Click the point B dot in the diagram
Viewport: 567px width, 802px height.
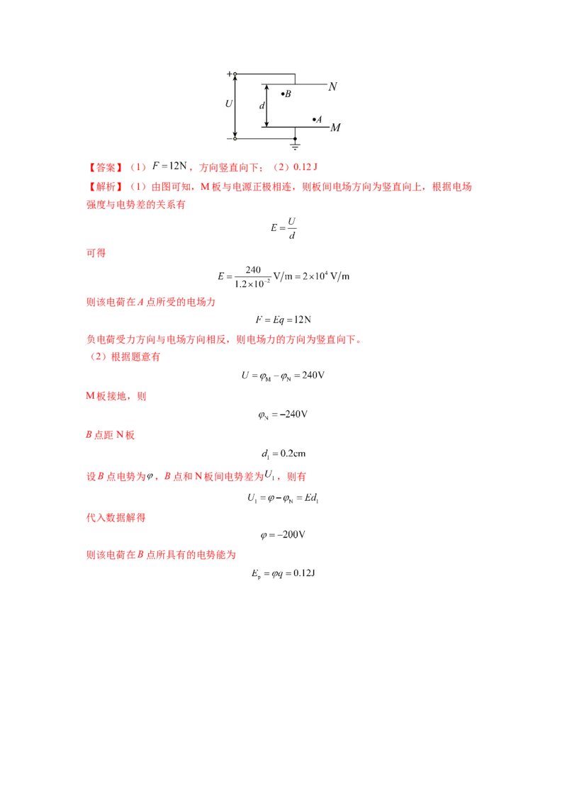coord(283,94)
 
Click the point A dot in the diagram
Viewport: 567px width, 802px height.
coord(314,119)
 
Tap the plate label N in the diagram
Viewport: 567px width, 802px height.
coord(332,86)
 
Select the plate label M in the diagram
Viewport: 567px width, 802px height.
coord(335,128)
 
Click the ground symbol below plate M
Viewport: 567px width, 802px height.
coord(296,146)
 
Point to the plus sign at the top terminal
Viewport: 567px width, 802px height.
coord(229,74)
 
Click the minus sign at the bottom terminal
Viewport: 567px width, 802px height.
coord(229,139)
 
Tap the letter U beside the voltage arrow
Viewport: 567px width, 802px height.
coord(229,104)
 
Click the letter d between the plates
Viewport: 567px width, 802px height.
coord(262,106)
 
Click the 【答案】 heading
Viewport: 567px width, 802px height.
coord(105,167)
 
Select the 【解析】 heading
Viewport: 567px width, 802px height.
coord(105,187)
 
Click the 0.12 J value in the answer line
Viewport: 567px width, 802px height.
coord(305,166)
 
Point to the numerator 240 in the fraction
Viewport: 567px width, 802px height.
coord(253,269)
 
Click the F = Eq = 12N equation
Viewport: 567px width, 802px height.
coord(283,320)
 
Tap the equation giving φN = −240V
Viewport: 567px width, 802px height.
coord(283,414)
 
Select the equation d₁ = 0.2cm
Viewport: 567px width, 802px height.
coord(283,453)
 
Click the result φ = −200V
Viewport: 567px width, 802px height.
coord(283,534)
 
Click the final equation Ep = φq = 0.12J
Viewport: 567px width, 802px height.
coord(283,573)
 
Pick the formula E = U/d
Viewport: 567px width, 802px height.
coord(283,228)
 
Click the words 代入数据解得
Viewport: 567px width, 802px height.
coord(116,518)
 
